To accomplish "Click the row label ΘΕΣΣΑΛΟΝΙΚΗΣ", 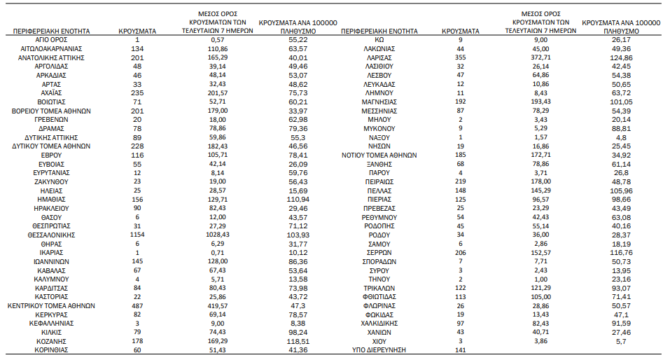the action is (51, 235).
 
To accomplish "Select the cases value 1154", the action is (137, 235).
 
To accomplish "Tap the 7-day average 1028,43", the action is (218, 235).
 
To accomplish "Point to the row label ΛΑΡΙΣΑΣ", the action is (379, 57).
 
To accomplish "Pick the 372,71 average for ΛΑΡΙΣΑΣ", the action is (540, 57).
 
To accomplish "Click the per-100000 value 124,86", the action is (621, 57).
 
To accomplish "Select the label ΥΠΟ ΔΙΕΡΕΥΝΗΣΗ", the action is (379, 349).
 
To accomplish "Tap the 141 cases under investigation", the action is (460, 349).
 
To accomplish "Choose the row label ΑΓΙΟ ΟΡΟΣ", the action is (51, 40).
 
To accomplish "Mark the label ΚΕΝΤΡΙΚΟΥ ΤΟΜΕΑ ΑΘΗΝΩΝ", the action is (51, 305).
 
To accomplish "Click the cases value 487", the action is (137, 305).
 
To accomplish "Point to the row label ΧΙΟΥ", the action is (379, 341).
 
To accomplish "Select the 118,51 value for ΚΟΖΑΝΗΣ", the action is (298, 341).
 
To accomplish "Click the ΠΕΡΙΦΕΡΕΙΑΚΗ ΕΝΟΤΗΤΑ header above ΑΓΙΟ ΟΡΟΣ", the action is (51, 32).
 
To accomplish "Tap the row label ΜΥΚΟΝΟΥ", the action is (379, 129).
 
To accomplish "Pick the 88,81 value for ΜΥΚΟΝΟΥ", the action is (621, 129).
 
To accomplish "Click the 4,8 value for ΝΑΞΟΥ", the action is (621, 138).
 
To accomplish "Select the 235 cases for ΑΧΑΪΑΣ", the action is (137, 92).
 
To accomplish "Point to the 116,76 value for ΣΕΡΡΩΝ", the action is (621, 253).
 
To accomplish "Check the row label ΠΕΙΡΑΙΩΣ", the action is (379, 181).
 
